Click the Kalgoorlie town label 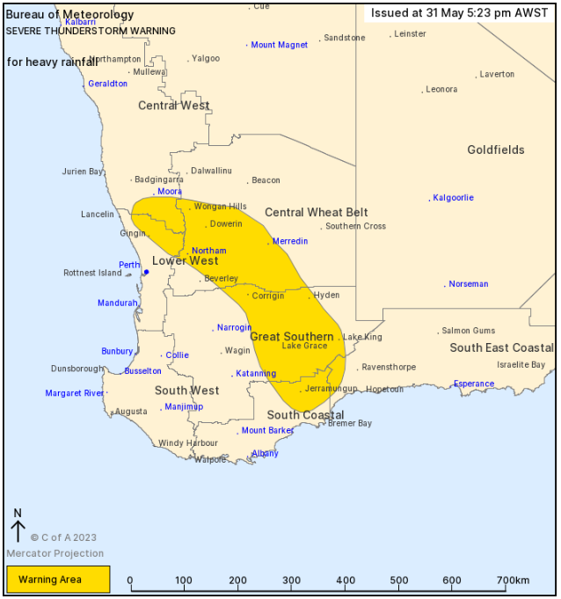click(453, 198)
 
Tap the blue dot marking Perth click(146, 272)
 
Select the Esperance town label click(474, 384)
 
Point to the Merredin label click(290, 241)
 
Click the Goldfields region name click(495, 150)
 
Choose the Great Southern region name click(292, 337)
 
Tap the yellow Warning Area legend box click(58, 580)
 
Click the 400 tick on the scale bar click(345, 581)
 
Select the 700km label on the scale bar click(513, 581)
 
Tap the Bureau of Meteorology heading click(69, 15)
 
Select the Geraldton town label click(107, 84)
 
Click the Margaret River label click(74, 393)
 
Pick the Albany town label click(265, 454)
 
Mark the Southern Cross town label click(355, 227)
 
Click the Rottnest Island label click(92, 273)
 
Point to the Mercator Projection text click(55, 553)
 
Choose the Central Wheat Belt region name click(316, 213)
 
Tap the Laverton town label click(497, 75)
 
